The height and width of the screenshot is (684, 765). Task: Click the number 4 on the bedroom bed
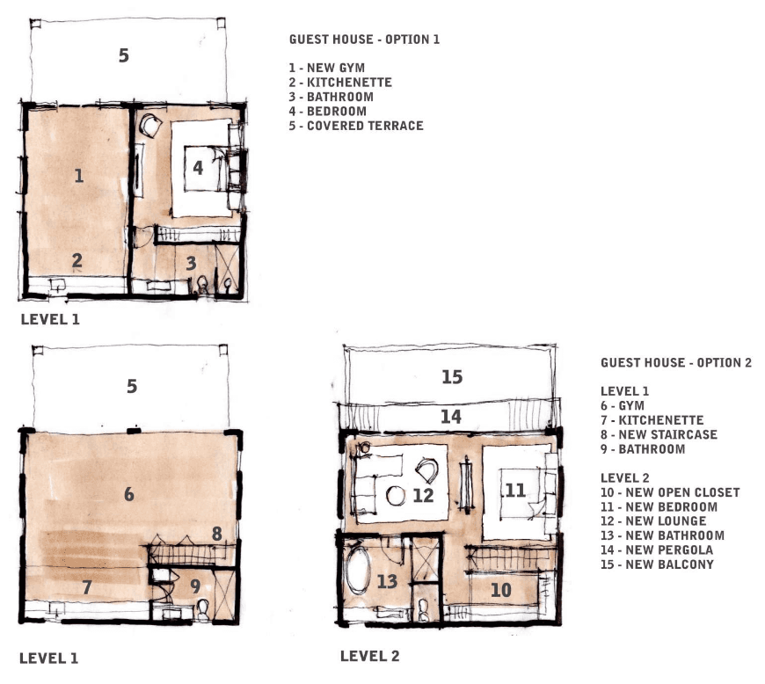(198, 168)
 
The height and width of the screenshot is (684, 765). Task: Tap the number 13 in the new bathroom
(388, 581)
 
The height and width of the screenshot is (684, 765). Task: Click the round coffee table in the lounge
(396, 496)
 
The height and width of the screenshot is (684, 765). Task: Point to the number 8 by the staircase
(217, 534)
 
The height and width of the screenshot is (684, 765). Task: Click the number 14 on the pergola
(451, 417)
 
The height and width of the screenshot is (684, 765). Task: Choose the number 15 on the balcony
(452, 376)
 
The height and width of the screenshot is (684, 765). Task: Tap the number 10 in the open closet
(500, 590)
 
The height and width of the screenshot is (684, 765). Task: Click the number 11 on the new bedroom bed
(515, 490)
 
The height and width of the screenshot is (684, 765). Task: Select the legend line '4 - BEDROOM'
(327, 112)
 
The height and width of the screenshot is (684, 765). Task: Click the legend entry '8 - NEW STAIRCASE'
(659, 434)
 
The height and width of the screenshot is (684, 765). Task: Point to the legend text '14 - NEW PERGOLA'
(657, 549)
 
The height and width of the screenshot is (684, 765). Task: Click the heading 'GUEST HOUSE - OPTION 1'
(364, 39)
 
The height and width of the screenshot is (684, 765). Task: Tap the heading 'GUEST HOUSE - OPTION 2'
(676, 362)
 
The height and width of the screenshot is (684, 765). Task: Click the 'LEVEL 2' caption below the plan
(370, 656)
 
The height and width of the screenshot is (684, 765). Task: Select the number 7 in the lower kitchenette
(87, 587)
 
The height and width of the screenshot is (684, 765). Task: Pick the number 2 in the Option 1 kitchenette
(77, 260)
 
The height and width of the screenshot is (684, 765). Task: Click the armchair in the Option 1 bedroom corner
(150, 126)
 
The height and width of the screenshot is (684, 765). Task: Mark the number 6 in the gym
(128, 494)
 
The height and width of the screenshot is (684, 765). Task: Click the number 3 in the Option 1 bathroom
(191, 264)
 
